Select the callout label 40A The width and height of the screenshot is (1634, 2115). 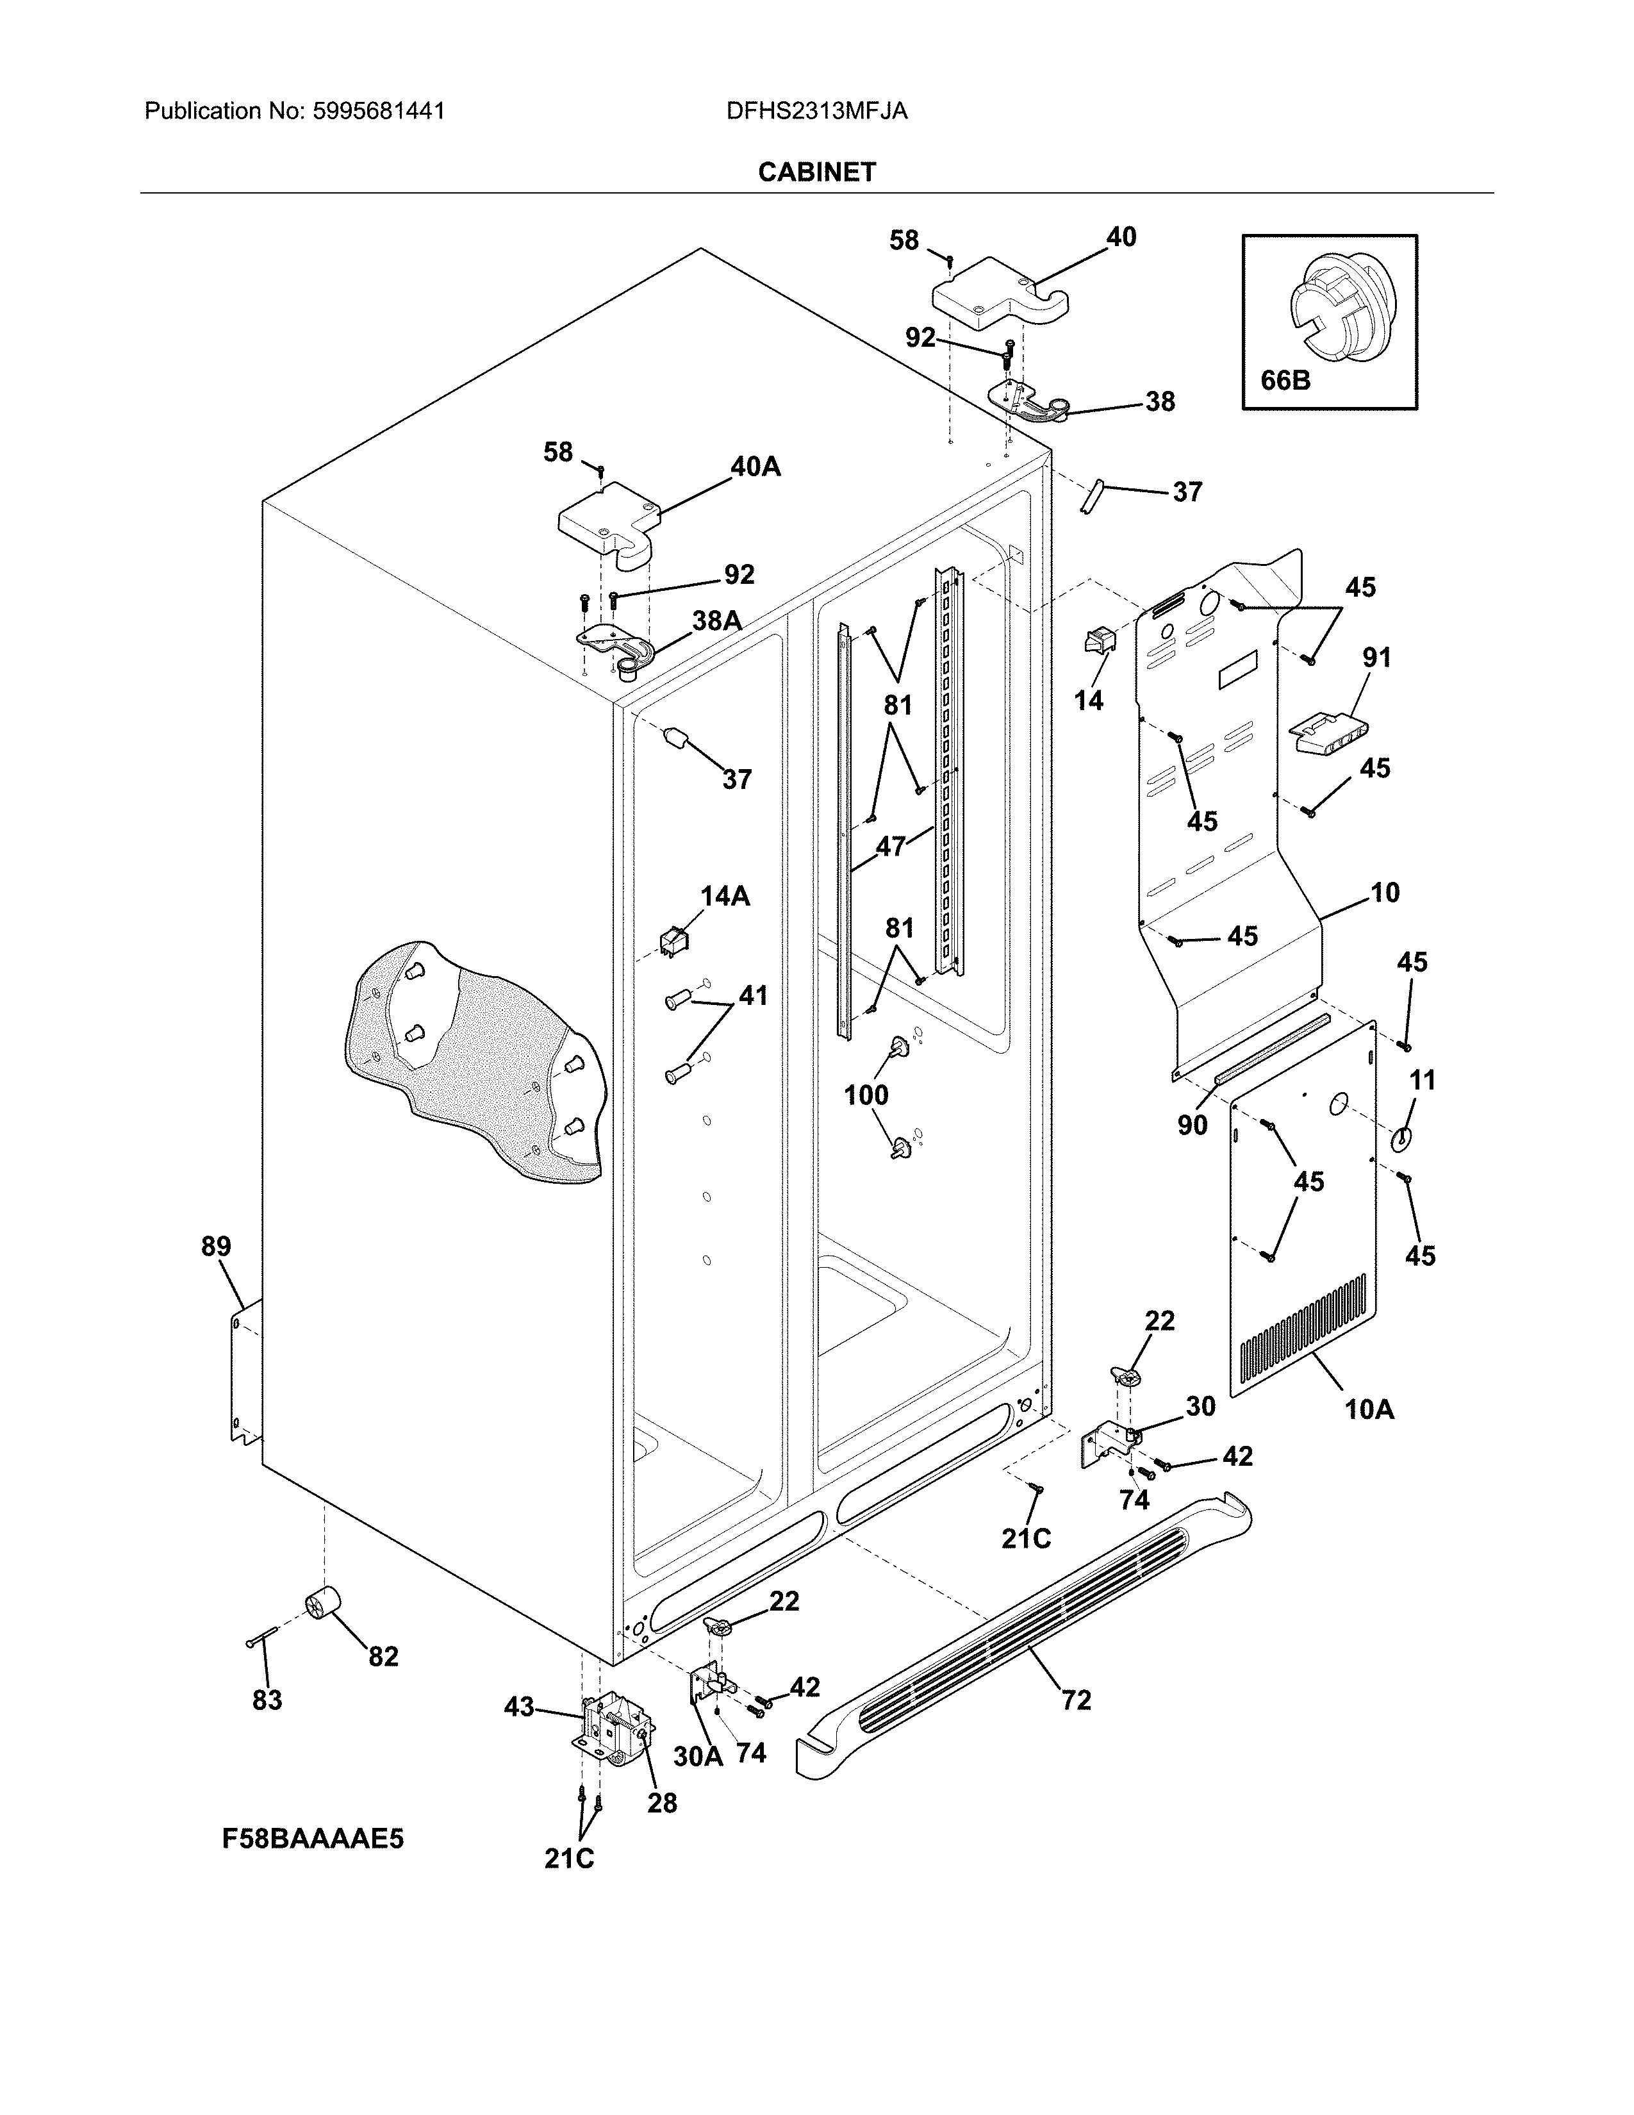[755, 467]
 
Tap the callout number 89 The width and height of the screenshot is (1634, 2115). [216, 1247]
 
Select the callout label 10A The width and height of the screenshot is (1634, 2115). [1369, 1409]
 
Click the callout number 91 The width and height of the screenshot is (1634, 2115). [1376, 658]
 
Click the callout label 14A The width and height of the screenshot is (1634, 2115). [725, 896]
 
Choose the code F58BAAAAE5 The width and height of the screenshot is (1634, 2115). [313, 1838]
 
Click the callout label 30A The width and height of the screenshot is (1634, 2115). [697, 1755]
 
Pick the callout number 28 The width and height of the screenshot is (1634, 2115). [662, 1802]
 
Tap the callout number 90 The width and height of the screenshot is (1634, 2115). [1192, 1124]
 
